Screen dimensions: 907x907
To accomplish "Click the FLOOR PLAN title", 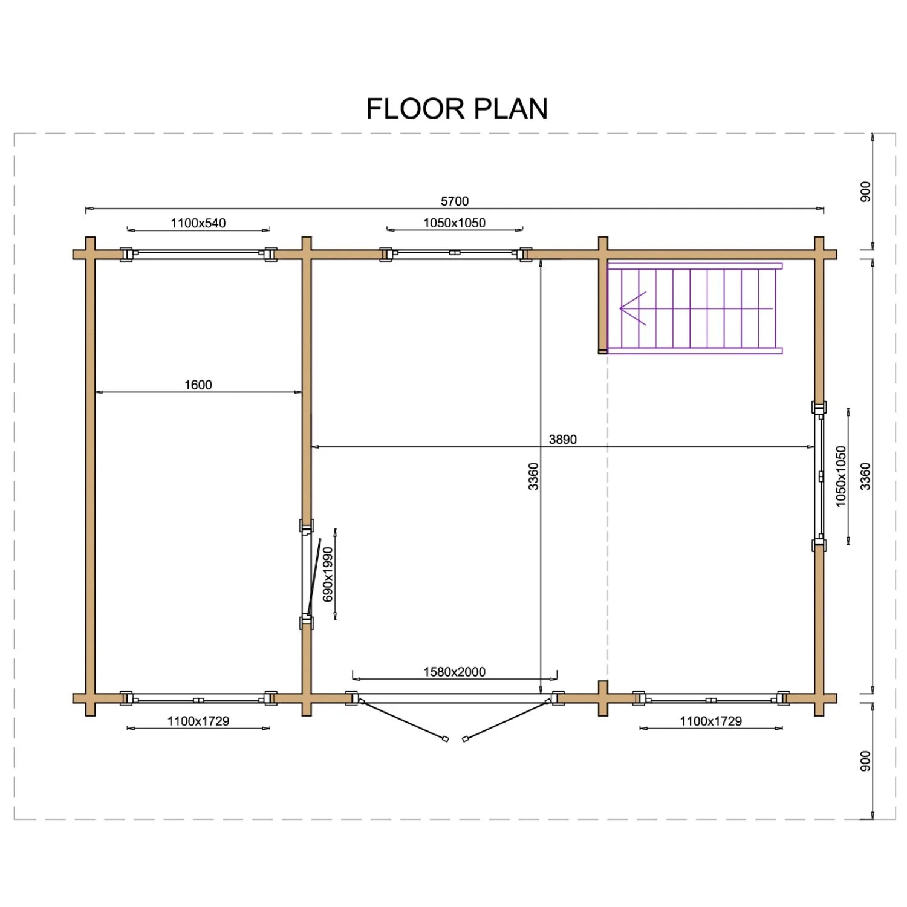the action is (457, 109).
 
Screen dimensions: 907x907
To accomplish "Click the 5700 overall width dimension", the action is (455, 201).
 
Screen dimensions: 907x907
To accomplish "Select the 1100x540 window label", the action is (198, 223).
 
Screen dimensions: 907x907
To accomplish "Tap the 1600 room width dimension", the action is (198, 385).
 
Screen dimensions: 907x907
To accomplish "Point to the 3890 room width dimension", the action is (562, 440).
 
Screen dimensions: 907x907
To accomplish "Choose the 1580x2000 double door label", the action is (454, 672).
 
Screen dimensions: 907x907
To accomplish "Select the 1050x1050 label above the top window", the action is (454, 223).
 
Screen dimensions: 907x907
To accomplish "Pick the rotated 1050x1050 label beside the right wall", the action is (841, 476).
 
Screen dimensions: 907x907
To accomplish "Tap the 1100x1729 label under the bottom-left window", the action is (198, 721).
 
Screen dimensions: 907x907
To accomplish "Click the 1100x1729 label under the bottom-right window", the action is (710, 721).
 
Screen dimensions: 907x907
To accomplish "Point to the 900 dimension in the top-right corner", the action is (865, 192).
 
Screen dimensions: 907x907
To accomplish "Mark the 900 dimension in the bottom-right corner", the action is (865, 761).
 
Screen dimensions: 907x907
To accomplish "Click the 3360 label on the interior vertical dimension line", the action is (533, 476).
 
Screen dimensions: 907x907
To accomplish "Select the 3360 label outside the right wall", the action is (865, 476).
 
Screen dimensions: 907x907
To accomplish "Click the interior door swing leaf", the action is (313, 578).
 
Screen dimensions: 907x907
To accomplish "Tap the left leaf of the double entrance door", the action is (403, 720).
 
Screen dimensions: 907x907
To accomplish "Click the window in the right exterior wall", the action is (819, 476).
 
